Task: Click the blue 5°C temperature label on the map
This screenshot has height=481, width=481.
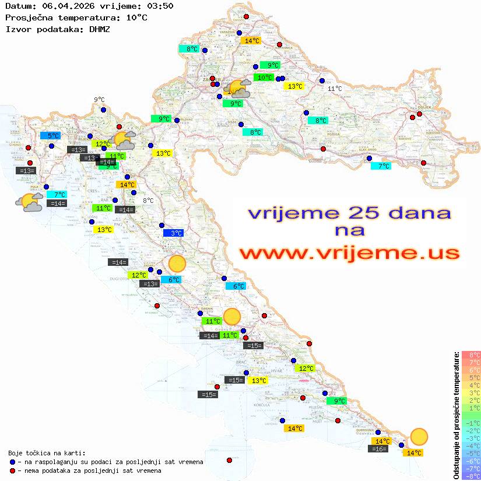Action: click(50, 136)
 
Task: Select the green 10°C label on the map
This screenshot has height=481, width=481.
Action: click(264, 78)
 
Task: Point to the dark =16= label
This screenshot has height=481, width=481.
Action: click(378, 449)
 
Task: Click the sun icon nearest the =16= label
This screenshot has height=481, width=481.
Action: click(419, 436)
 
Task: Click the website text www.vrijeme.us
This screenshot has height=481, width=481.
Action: click(349, 253)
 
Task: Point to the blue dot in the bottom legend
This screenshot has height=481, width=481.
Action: click(13, 462)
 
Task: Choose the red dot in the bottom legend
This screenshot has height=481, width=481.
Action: click(13, 471)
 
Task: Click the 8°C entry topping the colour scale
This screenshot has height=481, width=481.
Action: click(471, 355)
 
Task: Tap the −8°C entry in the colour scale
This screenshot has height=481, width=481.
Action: click(471, 476)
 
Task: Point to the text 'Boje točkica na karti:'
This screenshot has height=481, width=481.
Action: click(47, 453)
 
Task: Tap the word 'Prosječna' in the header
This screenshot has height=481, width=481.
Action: click(29, 17)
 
